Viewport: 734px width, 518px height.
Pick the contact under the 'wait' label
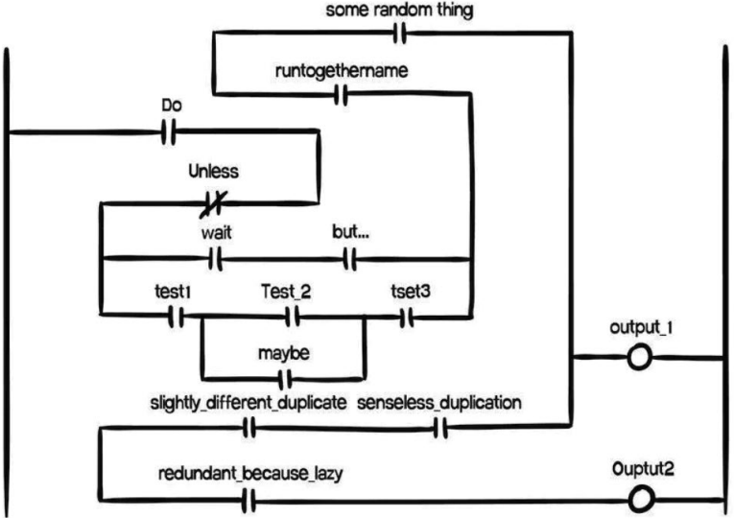coord(215,259)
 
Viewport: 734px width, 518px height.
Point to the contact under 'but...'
coord(350,259)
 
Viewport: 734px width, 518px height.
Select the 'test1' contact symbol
coord(176,317)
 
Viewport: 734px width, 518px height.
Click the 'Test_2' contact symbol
coord(293,317)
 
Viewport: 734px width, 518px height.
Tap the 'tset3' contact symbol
coord(407,317)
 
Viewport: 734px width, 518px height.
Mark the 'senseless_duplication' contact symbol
coord(441,428)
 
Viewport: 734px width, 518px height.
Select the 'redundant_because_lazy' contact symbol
coord(249,500)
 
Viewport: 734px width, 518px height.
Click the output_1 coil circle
coord(638,359)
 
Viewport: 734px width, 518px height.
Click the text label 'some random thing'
coord(399,11)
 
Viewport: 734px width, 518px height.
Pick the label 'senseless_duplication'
coord(439,403)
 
